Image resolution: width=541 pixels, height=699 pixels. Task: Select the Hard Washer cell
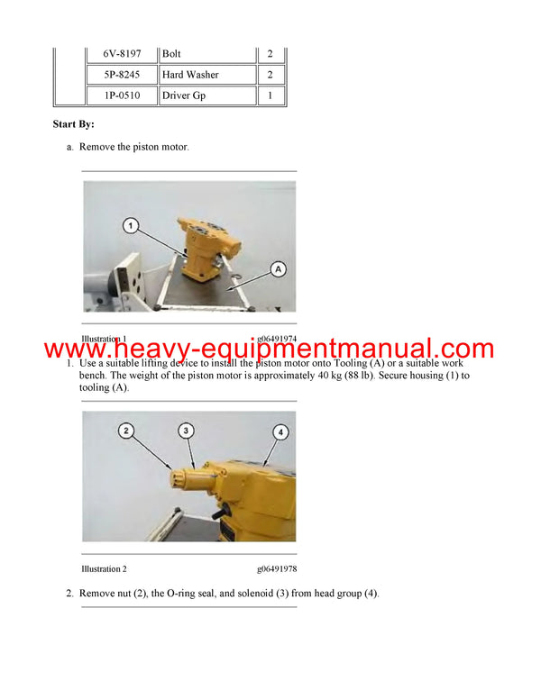click(x=189, y=75)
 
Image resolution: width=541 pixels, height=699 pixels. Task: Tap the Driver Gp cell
click(x=182, y=95)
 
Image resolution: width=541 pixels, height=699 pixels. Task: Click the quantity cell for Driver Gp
click(x=270, y=95)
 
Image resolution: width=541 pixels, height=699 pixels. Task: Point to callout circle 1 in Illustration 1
click(x=131, y=226)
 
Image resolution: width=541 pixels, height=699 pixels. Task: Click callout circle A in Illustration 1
click(x=278, y=268)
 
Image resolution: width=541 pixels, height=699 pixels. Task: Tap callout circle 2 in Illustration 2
click(x=127, y=431)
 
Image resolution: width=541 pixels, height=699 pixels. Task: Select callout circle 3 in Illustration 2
click(x=186, y=431)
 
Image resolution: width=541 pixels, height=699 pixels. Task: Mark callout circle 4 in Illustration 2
click(x=280, y=432)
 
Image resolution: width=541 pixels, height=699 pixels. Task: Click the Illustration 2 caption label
click(x=104, y=569)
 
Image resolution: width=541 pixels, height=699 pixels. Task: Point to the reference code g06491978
click(x=277, y=569)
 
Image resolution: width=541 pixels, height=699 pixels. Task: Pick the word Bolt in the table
click(x=171, y=54)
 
